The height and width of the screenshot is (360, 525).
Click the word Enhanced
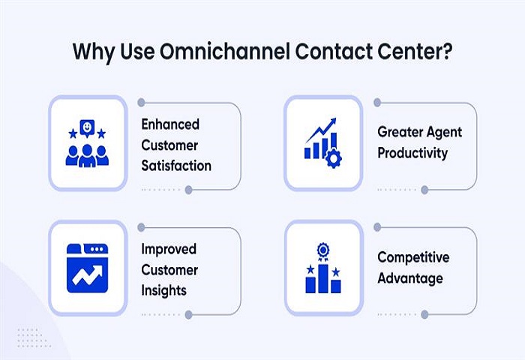pyautogui.click(x=170, y=124)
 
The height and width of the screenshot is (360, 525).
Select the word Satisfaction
pyautogui.click(x=176, y=164)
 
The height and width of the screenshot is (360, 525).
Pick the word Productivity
pyautogui.click(x=412, y=153)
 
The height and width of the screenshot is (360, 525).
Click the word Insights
pyautogui.click(x=164, y=289)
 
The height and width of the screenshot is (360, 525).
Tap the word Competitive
pyautogui.click(x=413, y=257)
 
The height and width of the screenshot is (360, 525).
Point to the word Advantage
pyautogui.click(x=410, y=278)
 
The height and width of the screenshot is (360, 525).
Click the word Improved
pyautogui.click(x=169, y=249)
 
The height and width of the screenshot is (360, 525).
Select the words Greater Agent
pyautogui.click(x=419, y=133)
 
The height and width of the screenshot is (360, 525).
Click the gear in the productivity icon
pyautogui.click(x=332, y=157)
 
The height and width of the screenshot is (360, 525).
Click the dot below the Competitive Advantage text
pyautogui.click(x=424, y=314)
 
